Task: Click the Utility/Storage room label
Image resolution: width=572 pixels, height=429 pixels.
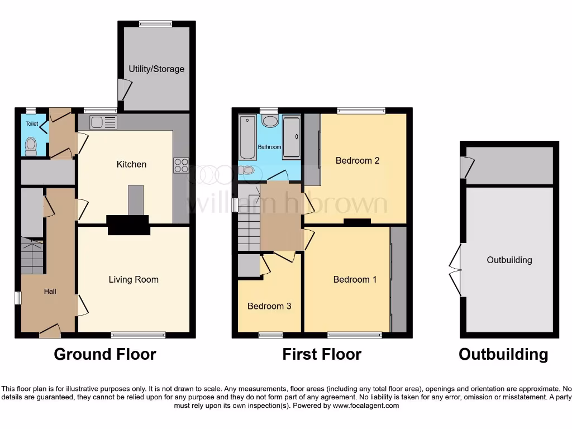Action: click(x=156, y=69)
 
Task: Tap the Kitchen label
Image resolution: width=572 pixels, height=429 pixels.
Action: click(x=131, y=164)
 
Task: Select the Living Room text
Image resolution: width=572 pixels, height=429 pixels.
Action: click(x=134, y=280)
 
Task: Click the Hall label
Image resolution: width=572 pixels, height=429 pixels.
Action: click(x=50, y=291)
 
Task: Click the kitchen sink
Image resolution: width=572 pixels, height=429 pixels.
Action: click(x=103, y=122)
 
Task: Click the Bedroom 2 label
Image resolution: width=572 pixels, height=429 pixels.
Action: click(x=357, y=161)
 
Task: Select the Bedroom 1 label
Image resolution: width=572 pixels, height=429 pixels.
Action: click(x=355, y=280)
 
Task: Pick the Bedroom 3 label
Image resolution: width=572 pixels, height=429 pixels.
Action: click(x=269, y=306)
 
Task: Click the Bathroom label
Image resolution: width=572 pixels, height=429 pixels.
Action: click(x=269, y=147)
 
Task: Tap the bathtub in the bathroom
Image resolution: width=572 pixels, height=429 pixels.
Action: click(x=247, y=137)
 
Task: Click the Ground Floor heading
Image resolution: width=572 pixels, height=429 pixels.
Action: click(x=105, y=354)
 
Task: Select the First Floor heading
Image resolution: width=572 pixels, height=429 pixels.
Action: click(x=322, y=354)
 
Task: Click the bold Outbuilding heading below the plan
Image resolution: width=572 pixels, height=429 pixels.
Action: click(x=503, y=354)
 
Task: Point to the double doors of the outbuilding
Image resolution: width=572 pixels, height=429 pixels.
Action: click(x=456, y=270)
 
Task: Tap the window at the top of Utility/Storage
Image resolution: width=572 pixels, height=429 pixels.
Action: click(x=156, y=23)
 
